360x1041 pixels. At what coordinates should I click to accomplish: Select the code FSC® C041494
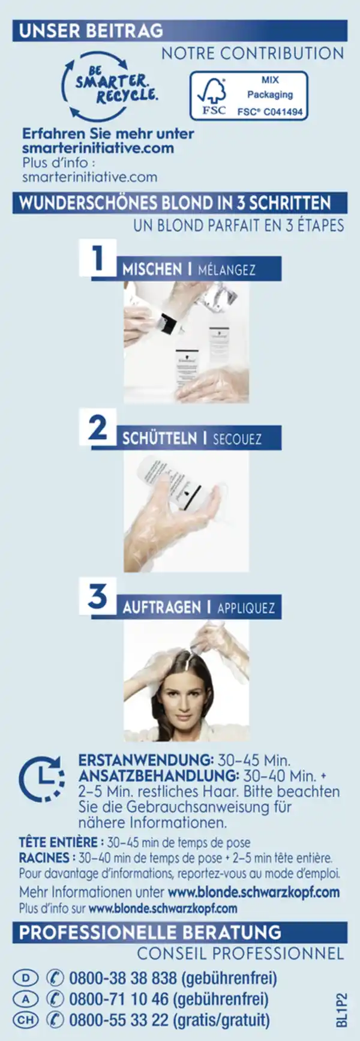(270, 112)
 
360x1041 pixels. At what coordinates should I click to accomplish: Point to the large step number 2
(98, 428)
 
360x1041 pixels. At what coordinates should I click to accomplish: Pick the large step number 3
(98, 596)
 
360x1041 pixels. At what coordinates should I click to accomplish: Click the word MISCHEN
(152, 269)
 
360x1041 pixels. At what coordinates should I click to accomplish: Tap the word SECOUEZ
(237, 439)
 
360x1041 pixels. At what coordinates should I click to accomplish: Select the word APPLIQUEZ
(246, 608)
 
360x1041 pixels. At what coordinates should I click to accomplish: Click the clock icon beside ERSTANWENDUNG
(41, 779)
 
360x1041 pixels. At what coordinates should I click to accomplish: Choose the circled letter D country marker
(25, 979)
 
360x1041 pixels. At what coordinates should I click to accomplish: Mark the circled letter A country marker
(25, 999)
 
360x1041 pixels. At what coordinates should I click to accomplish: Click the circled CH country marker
(25, 1019)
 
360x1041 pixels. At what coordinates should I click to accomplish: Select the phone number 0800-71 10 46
(119, 999)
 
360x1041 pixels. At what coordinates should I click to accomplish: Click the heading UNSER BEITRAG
(91, 31)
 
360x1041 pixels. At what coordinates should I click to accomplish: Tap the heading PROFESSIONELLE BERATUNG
(150, 932)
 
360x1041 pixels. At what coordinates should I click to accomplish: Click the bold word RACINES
(44, 858)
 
